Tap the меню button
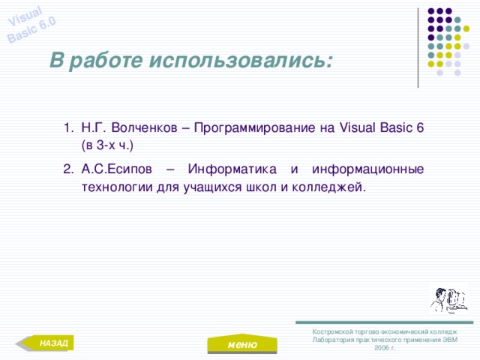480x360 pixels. click(x=241, y=344)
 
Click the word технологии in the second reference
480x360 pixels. click(x=118, y=187)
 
